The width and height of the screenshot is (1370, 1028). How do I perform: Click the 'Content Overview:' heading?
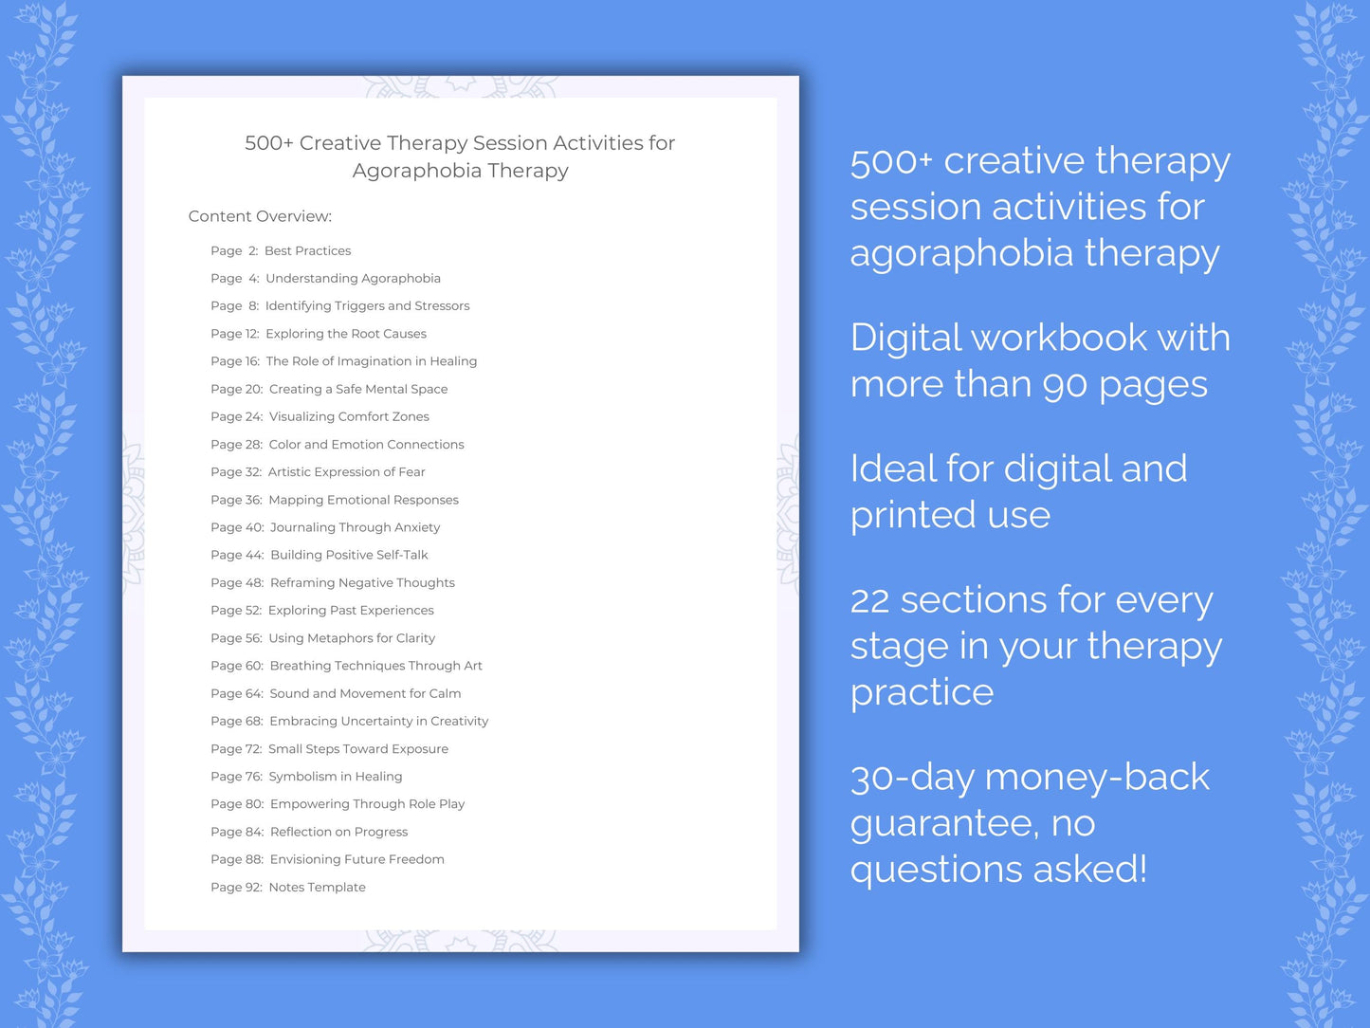[x=260, y=216]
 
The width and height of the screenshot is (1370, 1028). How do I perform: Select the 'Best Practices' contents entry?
[x=307, y=251]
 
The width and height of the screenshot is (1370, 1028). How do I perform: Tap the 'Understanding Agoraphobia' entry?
[x=353, y=279]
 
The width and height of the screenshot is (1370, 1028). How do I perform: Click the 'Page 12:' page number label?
[x=234, y=334]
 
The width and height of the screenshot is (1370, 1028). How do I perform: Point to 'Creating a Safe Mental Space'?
[x=358, y=390]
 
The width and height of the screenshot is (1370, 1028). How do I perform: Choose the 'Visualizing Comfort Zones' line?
[x=349, y=417]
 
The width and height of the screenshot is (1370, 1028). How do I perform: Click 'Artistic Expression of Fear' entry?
[x=346, y=472]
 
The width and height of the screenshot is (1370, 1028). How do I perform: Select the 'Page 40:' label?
[x=237, y=527]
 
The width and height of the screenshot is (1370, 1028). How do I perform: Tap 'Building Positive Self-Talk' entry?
[x=349, y=556]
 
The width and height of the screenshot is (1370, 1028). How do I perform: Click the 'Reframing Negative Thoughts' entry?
[x=362, y=583]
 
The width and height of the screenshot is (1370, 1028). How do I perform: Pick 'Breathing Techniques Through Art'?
[x=375, y=666]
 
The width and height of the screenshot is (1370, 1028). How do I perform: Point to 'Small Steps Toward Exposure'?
[x=358, y=749]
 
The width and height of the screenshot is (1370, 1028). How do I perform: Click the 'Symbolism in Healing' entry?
[x=336, y=777]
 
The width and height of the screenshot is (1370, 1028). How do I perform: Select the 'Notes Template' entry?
[x=317, y=888]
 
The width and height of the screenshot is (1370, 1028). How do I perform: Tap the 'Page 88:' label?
[x=237, y=860]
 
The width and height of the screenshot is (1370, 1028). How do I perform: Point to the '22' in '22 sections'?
[x=869, y=600]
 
